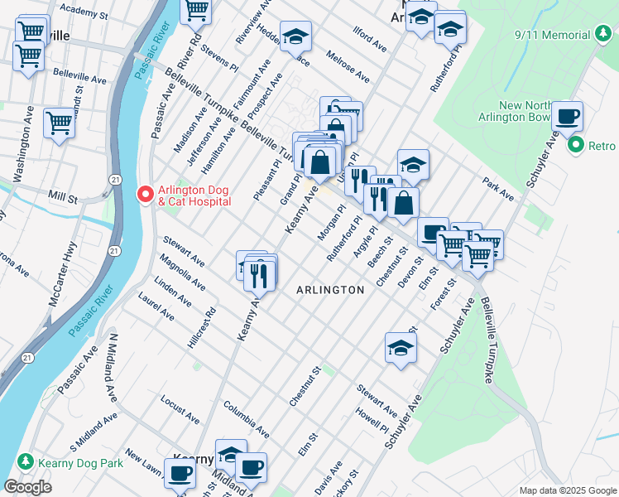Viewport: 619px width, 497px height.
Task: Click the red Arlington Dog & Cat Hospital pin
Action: (145, 195)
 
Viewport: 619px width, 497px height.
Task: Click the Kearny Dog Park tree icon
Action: (26, 462)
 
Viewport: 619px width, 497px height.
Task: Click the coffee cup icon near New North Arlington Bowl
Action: (568, 117)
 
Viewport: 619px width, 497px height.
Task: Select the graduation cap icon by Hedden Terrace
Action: (295, 37)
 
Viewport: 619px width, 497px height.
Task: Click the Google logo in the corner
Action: (27, 486)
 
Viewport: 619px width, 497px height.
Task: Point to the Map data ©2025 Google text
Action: (567, 490)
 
